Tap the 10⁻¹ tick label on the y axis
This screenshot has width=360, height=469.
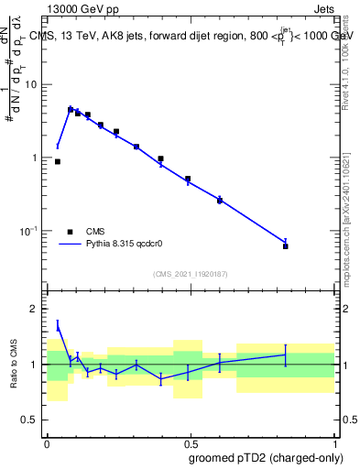pyautogui.click(x=28, y=231)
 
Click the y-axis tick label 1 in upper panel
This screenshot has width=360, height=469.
pyautogui.click(x=36, y=158)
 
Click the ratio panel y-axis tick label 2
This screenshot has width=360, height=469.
pyautogui.click(x=36, y=309)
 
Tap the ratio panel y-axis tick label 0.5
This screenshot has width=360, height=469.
pyautogui.click(x=30, y=420)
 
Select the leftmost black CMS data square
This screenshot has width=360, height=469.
pyautogui.click(x=58, y=161)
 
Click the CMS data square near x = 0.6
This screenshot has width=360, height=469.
pyautogui.click(x=220, y=200)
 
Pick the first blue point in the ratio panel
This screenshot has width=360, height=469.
pyautogui.click(x=58, y=324)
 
